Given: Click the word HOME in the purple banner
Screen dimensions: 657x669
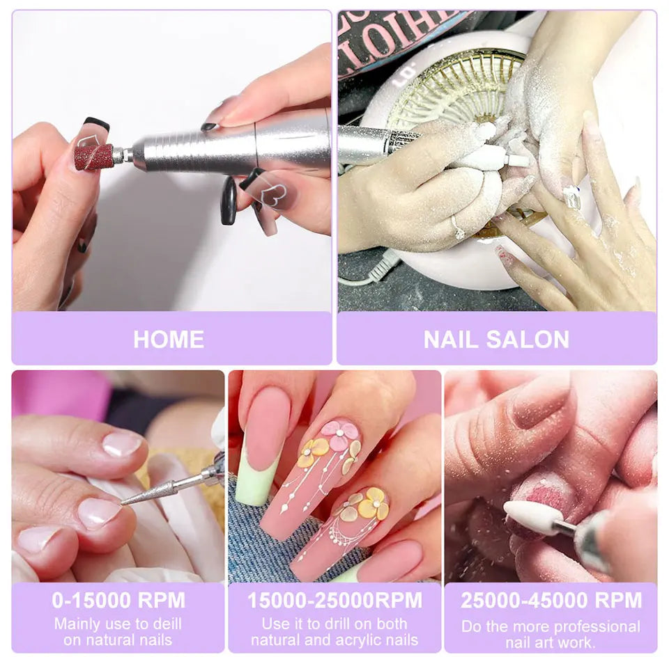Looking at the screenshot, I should point(169,339).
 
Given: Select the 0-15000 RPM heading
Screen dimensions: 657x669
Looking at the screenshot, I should point(118,600).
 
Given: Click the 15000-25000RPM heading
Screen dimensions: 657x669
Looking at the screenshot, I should point(334,600).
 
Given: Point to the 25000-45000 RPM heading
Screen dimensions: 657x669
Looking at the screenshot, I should point(551,600).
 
